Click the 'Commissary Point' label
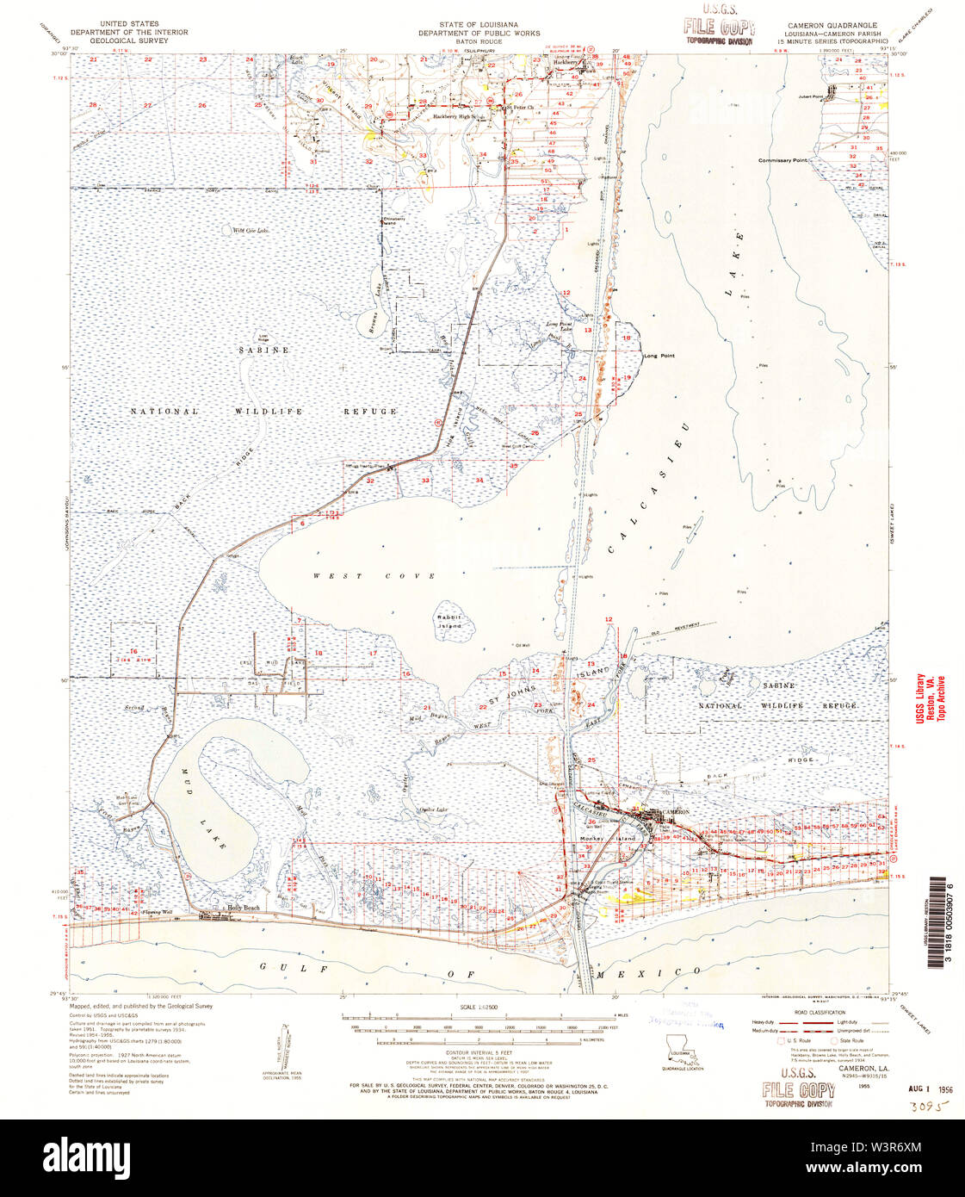pyautogui.click(x=783, y=161)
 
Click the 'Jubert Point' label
pyautogui.click(x=810, y=96)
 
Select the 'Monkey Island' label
pyautogui.click(x=601, y=837)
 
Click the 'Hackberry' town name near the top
pyautogui.click(x=566, y=63)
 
